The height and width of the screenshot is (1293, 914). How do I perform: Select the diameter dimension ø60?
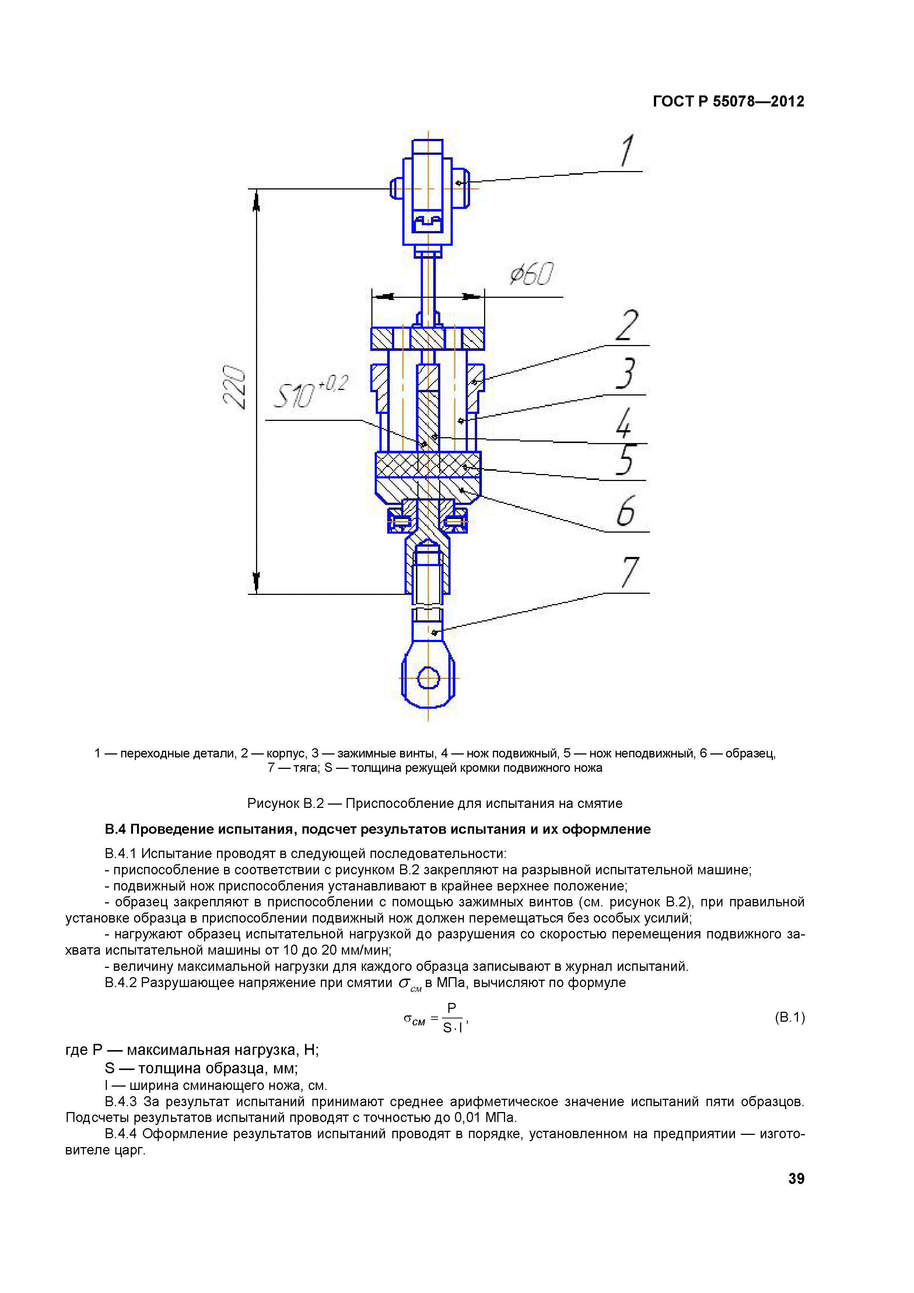531,274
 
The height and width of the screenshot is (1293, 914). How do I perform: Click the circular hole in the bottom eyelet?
428,677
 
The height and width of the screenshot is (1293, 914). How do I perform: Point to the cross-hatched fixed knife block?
428,464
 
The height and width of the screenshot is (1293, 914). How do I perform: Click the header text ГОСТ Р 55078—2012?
728,101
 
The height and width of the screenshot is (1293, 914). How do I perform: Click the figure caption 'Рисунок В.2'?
286,804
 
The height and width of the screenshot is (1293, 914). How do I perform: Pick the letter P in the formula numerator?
451,1007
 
